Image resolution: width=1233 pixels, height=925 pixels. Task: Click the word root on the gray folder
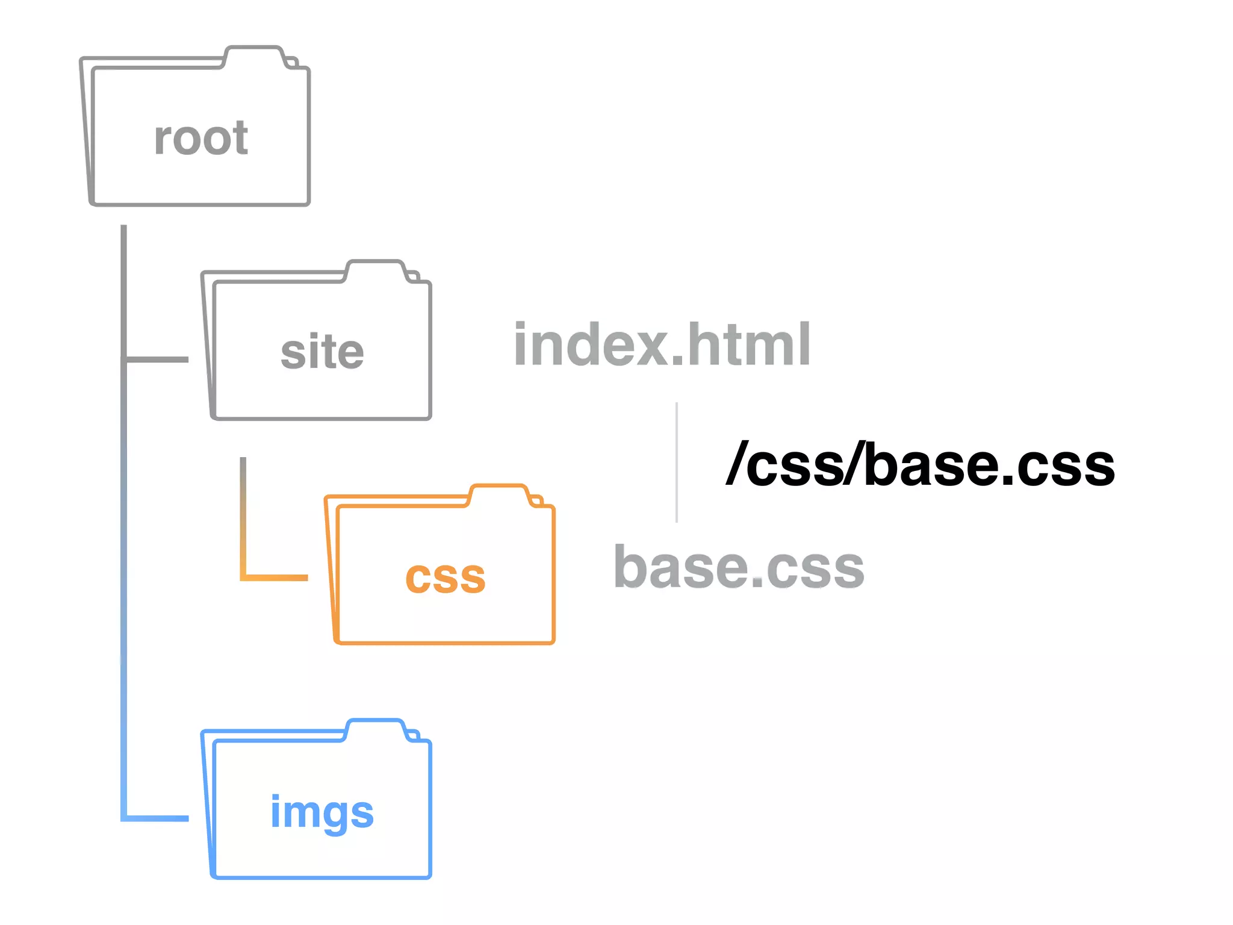click(x=201, y=139)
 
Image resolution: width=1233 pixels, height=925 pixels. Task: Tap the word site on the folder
click(x=322, y=352)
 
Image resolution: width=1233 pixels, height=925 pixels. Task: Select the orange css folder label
click(x=445, y=577)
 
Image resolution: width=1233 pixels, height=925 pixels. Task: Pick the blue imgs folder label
click(x=322, y=811)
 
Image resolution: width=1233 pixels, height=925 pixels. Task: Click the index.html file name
click(x=662, y=344)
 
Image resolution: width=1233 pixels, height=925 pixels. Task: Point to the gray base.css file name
click(x=739, y=567)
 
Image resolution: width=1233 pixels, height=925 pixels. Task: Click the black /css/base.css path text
click(x=921, y=464)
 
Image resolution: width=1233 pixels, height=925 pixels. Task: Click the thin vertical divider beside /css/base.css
click(x=677, y=462)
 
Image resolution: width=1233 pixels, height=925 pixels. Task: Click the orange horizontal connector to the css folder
click(x=275, y=578)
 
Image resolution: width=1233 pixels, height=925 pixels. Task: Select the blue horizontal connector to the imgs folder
click(x=155, y=818)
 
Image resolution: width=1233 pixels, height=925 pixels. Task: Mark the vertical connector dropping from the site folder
click(x=243, y=512)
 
